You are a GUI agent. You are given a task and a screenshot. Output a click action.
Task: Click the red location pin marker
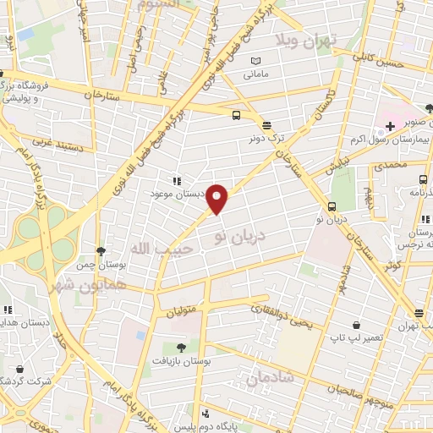coord(218,199)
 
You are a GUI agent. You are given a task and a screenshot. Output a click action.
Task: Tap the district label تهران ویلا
coord(310,41)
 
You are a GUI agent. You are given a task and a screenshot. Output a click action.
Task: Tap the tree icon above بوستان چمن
coord(101,251)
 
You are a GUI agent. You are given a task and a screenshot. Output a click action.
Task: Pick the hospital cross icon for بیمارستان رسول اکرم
coord(390,126)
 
